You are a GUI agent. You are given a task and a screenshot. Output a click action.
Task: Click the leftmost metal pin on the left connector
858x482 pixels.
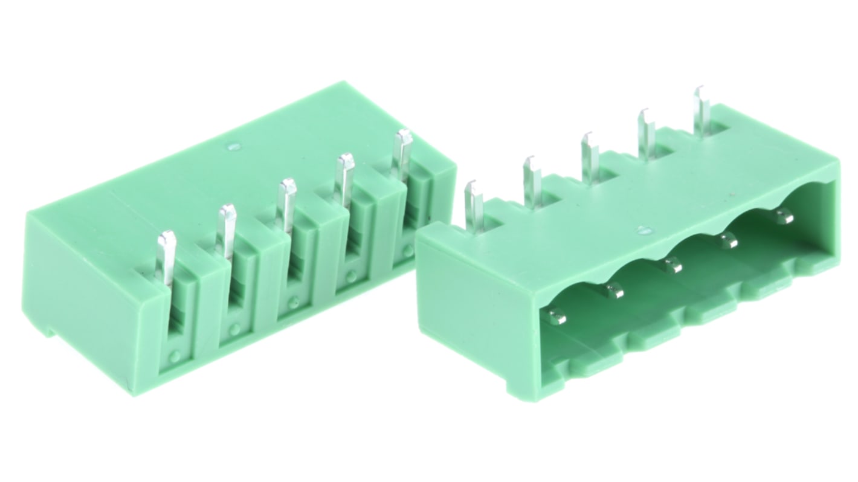(165, 257)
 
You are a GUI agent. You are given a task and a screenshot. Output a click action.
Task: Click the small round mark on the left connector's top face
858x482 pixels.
(234, 146)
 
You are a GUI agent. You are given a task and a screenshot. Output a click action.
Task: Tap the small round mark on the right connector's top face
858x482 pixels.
(644, 230)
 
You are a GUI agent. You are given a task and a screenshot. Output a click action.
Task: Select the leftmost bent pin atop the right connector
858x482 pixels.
(474, 205)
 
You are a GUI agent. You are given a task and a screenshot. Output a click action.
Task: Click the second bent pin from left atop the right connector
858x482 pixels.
(532, 181)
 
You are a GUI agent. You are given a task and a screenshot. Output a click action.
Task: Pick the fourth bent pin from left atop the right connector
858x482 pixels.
(646, 134)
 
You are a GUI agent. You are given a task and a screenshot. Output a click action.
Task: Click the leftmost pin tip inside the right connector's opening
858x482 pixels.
(558, 316)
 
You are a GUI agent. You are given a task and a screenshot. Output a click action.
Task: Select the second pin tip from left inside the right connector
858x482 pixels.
(614, 291)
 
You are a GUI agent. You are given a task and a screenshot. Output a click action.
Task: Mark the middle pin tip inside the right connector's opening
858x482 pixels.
(672, 265)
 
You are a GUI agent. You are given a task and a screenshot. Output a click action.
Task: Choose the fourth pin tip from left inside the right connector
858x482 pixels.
(727, 241)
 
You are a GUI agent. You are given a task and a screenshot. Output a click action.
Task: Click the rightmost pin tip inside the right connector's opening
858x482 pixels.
(784, 216)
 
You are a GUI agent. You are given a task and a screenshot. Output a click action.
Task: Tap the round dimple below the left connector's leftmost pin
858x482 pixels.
(175, 356)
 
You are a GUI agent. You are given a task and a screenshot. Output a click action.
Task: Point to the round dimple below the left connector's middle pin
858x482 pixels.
(293, 302)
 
